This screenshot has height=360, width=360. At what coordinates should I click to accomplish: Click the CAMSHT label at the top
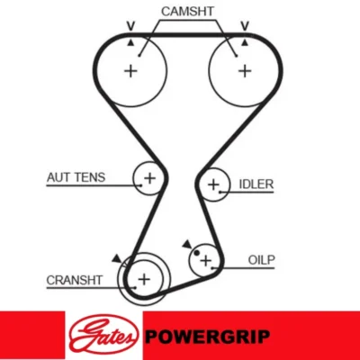coord(187,12)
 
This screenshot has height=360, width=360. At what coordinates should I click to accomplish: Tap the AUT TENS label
coord(76,177)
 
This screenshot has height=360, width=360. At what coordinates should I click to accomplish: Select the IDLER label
coord(256,184)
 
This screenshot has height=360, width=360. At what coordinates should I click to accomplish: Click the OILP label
coord(261,260)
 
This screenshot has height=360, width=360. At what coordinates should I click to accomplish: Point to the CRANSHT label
coord(75,280)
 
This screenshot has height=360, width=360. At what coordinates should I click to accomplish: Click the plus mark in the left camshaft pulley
coord(130,71)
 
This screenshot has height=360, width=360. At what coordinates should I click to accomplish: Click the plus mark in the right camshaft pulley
coord(245,71)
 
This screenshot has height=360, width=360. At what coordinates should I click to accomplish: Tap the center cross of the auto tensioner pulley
coord(149,178)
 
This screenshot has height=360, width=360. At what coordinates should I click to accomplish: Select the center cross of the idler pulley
coord(213,184)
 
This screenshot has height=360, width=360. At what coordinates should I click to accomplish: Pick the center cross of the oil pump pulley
coord(206,260)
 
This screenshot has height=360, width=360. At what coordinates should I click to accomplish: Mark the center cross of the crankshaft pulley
coord(144,279)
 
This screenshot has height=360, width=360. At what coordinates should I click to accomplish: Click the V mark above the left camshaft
coord(130,26)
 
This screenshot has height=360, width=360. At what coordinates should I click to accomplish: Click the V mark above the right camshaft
coord(245,26)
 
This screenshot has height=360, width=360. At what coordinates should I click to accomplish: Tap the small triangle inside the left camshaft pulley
coord(130,43)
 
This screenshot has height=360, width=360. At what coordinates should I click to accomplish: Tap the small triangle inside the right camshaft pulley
coord(245,43)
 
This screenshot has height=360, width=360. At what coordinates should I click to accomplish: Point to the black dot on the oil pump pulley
coord(196,253)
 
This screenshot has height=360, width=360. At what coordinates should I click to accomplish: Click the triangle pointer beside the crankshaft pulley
coord(117,259)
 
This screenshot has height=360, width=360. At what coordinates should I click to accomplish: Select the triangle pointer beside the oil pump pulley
coord(187,244)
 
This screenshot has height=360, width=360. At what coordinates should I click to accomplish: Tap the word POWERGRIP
coord(208,337)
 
